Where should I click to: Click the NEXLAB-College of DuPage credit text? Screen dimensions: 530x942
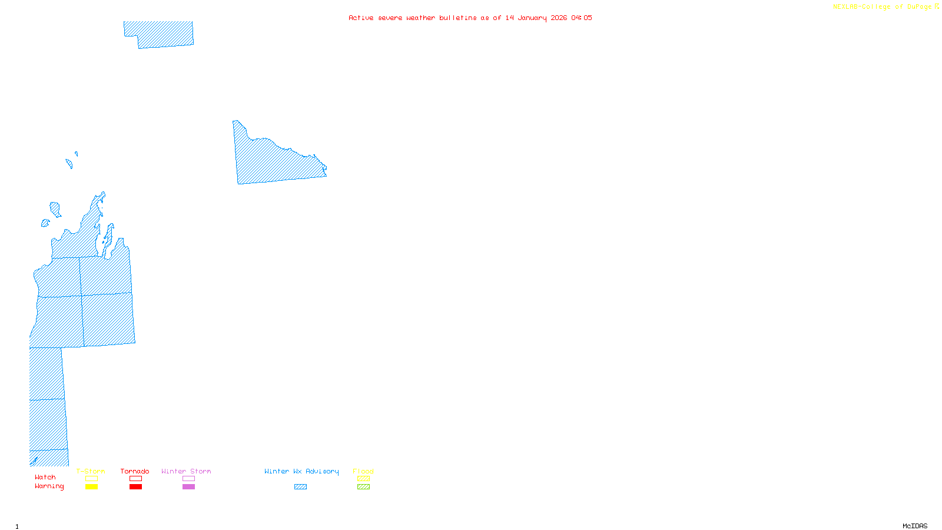[883, 7]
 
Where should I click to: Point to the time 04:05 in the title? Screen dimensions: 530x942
[582, 18]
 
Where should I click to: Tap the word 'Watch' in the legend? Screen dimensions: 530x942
[45, 477]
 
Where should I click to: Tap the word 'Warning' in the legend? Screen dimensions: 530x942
[49, 486]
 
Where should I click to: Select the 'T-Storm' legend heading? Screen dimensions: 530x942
[91, 471]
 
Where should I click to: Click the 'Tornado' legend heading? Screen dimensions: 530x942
[135, 471]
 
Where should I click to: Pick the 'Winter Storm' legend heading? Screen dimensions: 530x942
[186, 471]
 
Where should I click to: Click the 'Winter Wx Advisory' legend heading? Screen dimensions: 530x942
[301, 471]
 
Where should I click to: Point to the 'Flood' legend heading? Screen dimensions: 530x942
[363, 471]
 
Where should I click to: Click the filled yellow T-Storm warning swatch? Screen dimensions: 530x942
[91, 487]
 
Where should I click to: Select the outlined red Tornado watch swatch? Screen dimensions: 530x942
[135, 479]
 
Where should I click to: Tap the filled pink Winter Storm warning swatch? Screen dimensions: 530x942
[188, 487]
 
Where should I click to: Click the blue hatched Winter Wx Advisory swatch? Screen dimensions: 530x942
[300, 487]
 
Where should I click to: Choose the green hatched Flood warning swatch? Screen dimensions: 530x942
[363, 487]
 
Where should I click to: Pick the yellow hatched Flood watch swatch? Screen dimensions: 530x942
[363, 479]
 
